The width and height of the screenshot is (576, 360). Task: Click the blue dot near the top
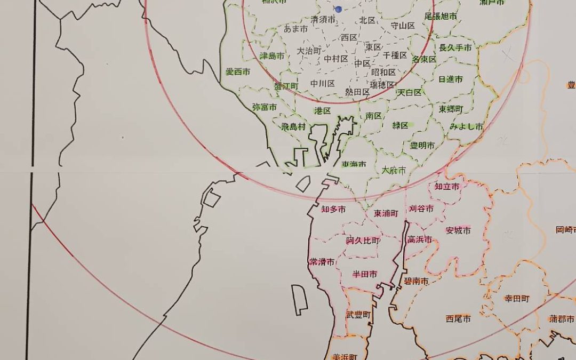(x=338, y=9)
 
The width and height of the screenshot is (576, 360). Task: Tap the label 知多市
(x=333, y=210)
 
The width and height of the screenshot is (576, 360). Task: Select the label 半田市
(x=365, y=274)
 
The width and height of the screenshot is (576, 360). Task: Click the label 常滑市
(x=322, y=262)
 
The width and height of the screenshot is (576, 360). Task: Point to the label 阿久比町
(x=363, y=241)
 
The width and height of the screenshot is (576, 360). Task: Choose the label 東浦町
(x=386, y=213)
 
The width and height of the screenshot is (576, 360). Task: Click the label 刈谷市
(x=421, y=209)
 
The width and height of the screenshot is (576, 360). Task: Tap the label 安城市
(x=459, y=231)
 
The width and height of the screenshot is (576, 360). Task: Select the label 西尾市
(x=459, y=319)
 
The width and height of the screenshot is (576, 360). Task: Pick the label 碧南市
(x=416, y=281)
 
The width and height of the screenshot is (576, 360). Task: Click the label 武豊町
(x=358, y=315)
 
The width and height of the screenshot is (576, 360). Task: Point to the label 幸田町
(x=517, y=299)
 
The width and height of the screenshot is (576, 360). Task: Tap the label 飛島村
(x=293, y=127)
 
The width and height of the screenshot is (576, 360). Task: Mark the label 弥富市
(x=265, y=107)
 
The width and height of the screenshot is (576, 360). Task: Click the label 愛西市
(x=238, y=71)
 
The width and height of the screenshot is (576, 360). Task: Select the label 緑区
(x=400, y=125)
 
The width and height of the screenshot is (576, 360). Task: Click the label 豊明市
(x=422, y=146)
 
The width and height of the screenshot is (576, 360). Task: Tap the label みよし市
(x=466, y=127)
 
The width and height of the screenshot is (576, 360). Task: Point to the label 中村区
(x=336, y=59)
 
